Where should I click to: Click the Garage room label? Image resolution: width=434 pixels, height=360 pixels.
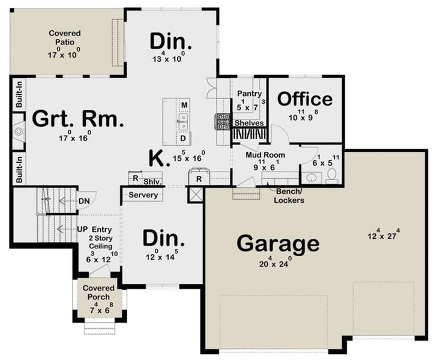[277, 244]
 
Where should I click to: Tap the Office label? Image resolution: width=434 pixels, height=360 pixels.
[304, 99]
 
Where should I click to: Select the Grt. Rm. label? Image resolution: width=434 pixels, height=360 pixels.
[78, 118]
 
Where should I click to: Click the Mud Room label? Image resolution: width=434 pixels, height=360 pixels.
[265, 155]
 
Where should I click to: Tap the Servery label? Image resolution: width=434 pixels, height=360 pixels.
[143, 195]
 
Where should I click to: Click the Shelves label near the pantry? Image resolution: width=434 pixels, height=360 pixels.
[249, 122]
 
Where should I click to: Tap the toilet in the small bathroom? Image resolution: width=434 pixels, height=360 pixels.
[332, 176]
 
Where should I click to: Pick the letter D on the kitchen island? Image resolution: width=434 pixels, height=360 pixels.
[184, 139]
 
